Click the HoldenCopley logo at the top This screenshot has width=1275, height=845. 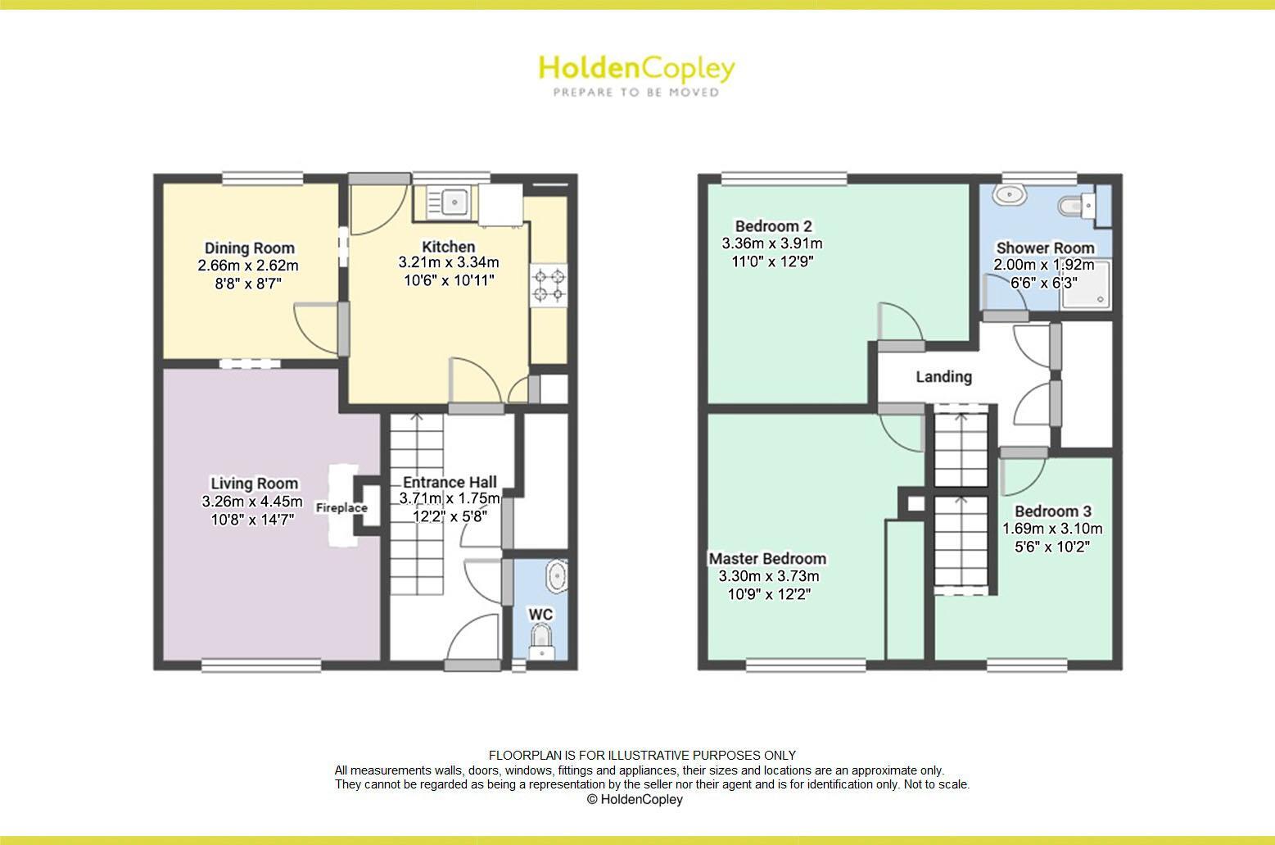pos(636,69)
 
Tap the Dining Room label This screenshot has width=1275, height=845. pos(249,248)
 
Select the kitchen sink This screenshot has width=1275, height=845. pos(447,201)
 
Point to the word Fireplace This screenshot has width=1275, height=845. pos(341,508)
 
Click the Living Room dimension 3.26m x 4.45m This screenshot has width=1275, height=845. pos(252,502)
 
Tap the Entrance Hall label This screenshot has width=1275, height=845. pos(450,483)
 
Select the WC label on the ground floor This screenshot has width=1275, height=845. pos(540,615)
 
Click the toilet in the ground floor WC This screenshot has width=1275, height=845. pos(540,638)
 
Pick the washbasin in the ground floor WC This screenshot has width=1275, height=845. pos(558,577)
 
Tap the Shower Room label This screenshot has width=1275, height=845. pos(1045,248)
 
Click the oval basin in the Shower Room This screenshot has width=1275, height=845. pos(1009,195)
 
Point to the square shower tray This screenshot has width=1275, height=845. pos(1087,286)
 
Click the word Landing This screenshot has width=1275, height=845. pos(943,377)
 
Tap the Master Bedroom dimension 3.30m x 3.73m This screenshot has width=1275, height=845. pos(769,576)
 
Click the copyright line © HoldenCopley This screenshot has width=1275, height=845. pos(635,800)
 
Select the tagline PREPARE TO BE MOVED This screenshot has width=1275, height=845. pos(636,93)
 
